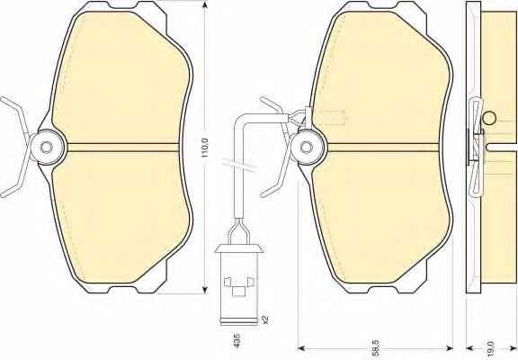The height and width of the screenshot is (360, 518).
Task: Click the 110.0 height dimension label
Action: [x=205, y=148]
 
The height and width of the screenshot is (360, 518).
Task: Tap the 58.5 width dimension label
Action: [x=376, y=347]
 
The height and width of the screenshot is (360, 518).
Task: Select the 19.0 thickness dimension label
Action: [x=490, y=347]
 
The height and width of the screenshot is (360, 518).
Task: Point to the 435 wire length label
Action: [x=237, y=340]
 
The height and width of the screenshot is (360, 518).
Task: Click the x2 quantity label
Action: [x=264, y=319]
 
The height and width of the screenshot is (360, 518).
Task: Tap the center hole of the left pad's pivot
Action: [x=47, y=147]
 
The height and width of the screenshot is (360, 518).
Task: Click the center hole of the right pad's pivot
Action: [x=307, y=147]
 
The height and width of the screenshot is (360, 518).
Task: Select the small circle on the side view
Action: [x=489, y=118]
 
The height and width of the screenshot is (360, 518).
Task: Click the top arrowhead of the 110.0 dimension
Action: [x=205, y=4]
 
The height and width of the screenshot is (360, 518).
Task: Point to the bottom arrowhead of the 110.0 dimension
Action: [x=205, y=290]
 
